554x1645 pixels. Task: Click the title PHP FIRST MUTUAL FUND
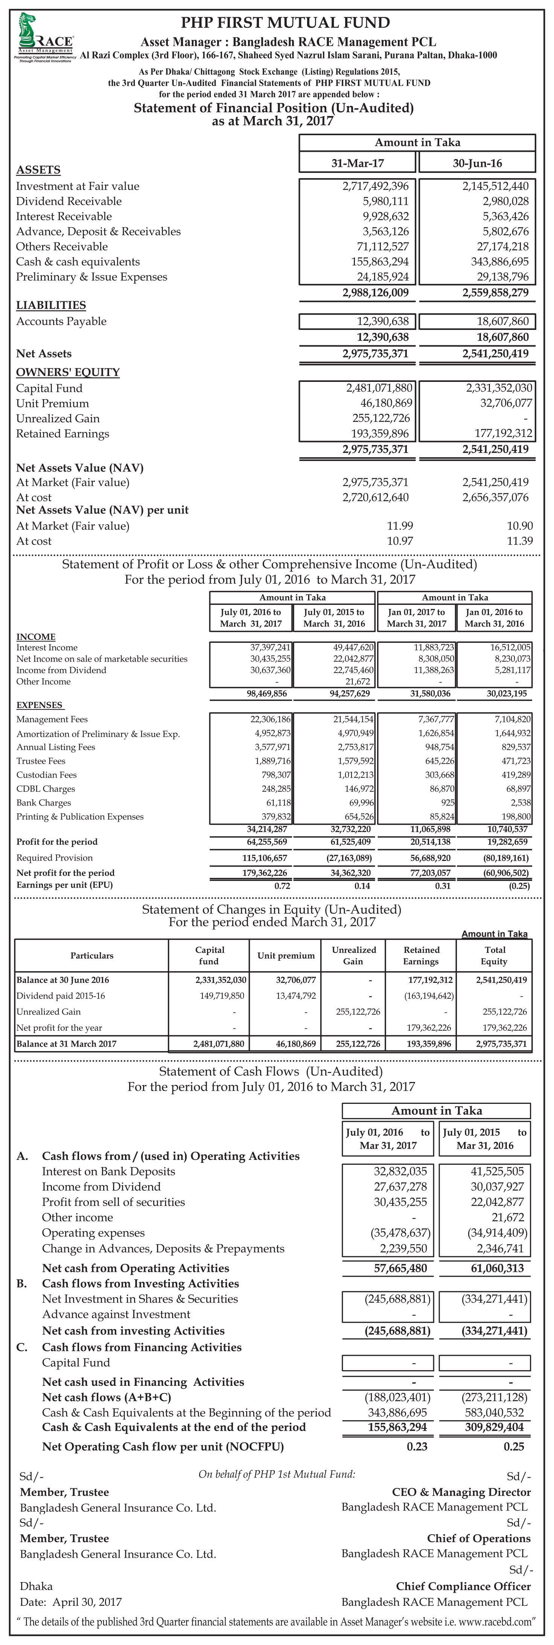285,23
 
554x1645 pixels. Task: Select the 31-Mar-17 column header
358,163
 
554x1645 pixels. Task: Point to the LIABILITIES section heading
51,305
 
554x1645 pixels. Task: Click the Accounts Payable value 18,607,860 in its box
495,321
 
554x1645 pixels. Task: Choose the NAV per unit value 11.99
400,526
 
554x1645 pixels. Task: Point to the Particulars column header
92,955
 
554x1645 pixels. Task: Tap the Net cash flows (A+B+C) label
97,1397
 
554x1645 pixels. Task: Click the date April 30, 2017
87,1602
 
